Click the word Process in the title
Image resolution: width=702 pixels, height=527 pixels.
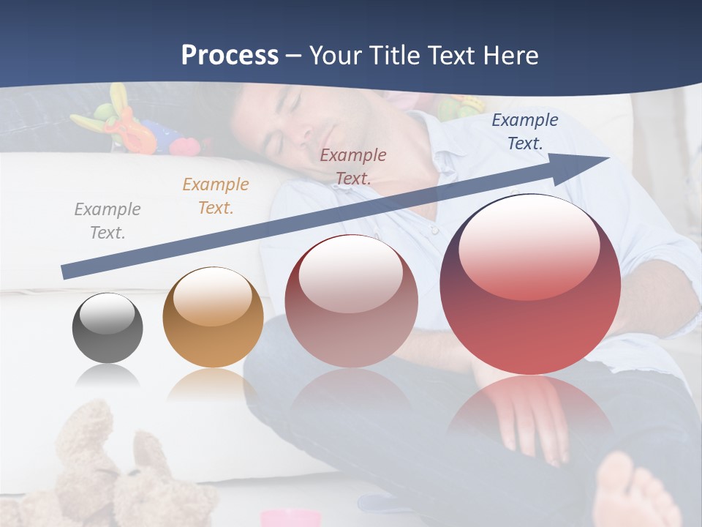[230, 56]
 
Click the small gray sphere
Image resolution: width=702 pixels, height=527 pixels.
[107, 328]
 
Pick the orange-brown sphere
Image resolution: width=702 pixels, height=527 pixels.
[213, 317]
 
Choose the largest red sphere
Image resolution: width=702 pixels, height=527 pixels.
[530, 284]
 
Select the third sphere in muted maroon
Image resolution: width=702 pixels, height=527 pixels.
[351, 301]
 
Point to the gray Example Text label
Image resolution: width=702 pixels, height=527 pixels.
[107, 220]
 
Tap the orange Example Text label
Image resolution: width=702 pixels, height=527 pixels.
[216, 195]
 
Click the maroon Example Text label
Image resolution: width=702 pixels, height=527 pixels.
[353, 166]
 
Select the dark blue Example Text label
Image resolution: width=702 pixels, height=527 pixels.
[525, 132]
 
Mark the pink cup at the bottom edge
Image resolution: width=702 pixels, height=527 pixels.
[291, 518]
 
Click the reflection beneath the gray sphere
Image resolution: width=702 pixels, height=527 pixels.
[107, 377]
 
